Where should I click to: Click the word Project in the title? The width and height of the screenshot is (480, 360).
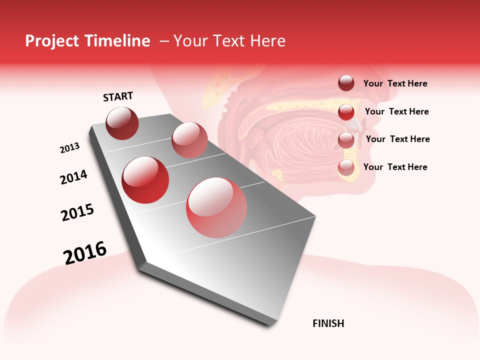(52, 41)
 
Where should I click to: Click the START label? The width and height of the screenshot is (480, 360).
(118, 96)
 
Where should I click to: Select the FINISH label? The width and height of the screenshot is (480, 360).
(328, 323)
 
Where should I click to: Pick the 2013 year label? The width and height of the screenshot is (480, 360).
(70, 148)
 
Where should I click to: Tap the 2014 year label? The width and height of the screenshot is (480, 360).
(74, 177)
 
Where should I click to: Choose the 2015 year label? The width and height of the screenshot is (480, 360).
(77, 213)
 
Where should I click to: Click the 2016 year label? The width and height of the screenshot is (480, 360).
(85, 252)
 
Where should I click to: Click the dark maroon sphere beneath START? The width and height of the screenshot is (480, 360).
(122, 123)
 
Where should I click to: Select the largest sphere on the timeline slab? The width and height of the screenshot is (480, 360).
(216, 207)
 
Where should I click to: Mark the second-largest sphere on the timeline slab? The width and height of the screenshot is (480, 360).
(145, 179)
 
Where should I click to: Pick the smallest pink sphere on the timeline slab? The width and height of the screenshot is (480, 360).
(189, 140)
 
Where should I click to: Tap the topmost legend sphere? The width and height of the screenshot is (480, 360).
(346, 83)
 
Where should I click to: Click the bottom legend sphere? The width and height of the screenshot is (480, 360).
(346, 168)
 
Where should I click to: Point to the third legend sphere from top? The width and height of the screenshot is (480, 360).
(346, 140)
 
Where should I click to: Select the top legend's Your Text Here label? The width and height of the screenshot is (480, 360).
(395, 83)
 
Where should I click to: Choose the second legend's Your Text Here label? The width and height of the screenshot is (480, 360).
(396, 111)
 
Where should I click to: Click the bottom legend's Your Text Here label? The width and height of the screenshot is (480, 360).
(395, 167)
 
